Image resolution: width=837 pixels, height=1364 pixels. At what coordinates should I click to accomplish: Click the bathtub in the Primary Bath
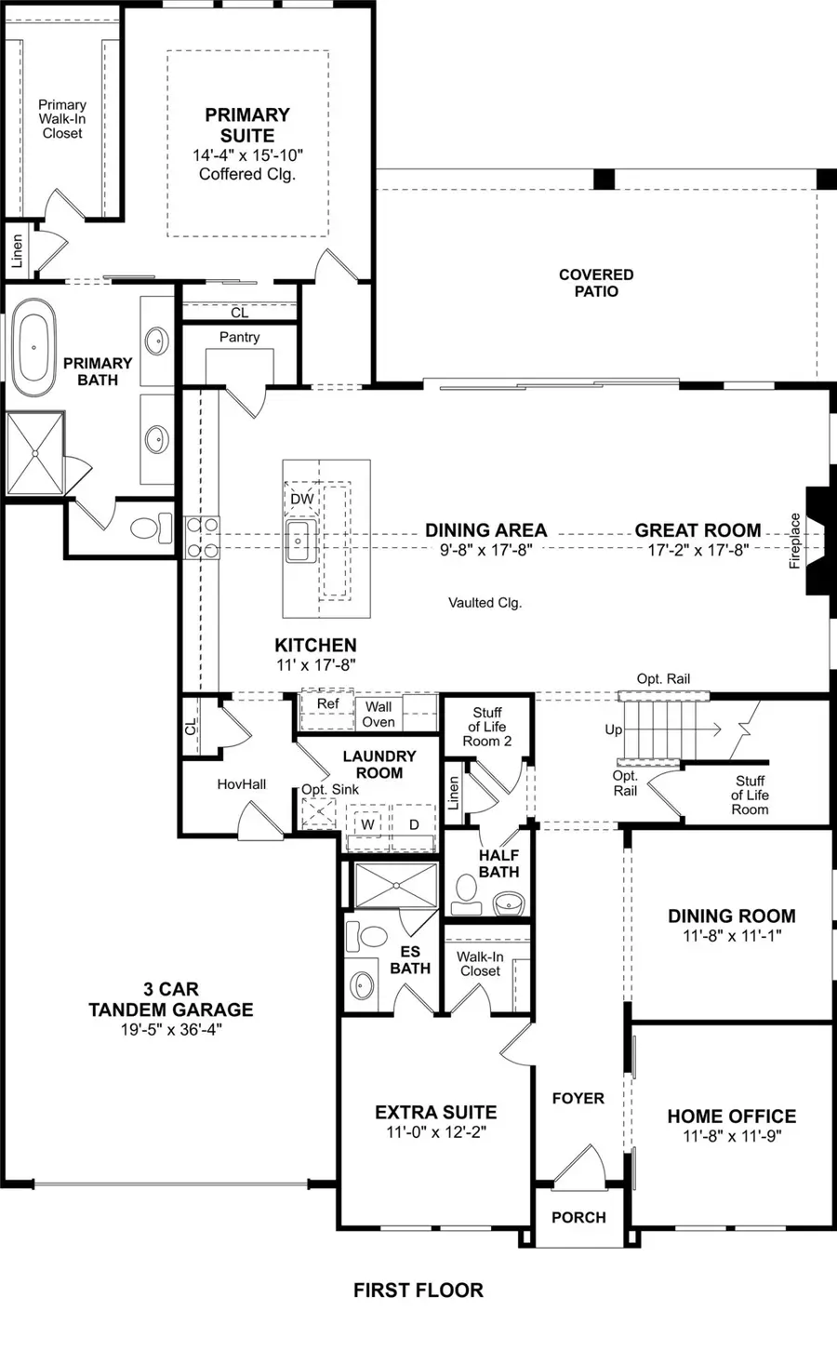pyautogui.click(x=34, y=346)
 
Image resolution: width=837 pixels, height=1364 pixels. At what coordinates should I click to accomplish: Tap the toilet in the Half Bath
pyautogui.click(x=466, y=893)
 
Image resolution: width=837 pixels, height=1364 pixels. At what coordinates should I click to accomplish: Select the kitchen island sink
pyautogui.click(x=299, y=541)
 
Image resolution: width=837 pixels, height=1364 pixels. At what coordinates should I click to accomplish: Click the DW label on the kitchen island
pyautogui.click(x=302, y=499)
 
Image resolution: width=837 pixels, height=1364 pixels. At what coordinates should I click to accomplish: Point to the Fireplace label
pyautogui.click(x=795, y=541)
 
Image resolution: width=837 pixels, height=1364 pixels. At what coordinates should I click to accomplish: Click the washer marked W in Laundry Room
pyautogui.click(x=368, y=824)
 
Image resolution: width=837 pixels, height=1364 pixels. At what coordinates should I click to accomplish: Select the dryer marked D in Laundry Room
pyautogui.click(x=414, y=824)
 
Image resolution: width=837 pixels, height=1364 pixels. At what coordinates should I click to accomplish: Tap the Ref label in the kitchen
pyautogui.click(x=327, y=703)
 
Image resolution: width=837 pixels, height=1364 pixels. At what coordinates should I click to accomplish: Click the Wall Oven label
pyautogui.click(x=379, y=714)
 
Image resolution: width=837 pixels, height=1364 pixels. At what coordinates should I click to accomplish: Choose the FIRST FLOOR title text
pyautogui.click(x=418, y=1290)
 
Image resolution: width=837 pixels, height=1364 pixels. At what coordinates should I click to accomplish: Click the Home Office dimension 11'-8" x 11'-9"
pyautogui.click(x=732, y=1136)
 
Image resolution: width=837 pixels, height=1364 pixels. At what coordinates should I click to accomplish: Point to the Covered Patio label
pyautogui.click(x=596, y=283)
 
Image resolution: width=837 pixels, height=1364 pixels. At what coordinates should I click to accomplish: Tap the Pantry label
pyautogui.click(x=239, y=337)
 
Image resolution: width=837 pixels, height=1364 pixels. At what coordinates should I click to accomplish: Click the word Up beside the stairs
pyautogui.click(x=613, y=729)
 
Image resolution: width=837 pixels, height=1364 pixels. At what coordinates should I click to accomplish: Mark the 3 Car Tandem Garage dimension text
pyautogui.click(x=171, y=1029)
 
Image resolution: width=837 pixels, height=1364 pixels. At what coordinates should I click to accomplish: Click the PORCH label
pyautogui.click(x=578, y=1217)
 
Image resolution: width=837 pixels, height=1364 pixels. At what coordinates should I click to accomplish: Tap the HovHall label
pyautogui.click(x=241, y=784)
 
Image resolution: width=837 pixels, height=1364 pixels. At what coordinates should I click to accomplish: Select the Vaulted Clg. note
pyautogui.click(x=485, y=603)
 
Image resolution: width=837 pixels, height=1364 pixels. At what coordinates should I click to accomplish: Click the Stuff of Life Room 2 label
pyautogui.click(x=487, y=727)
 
